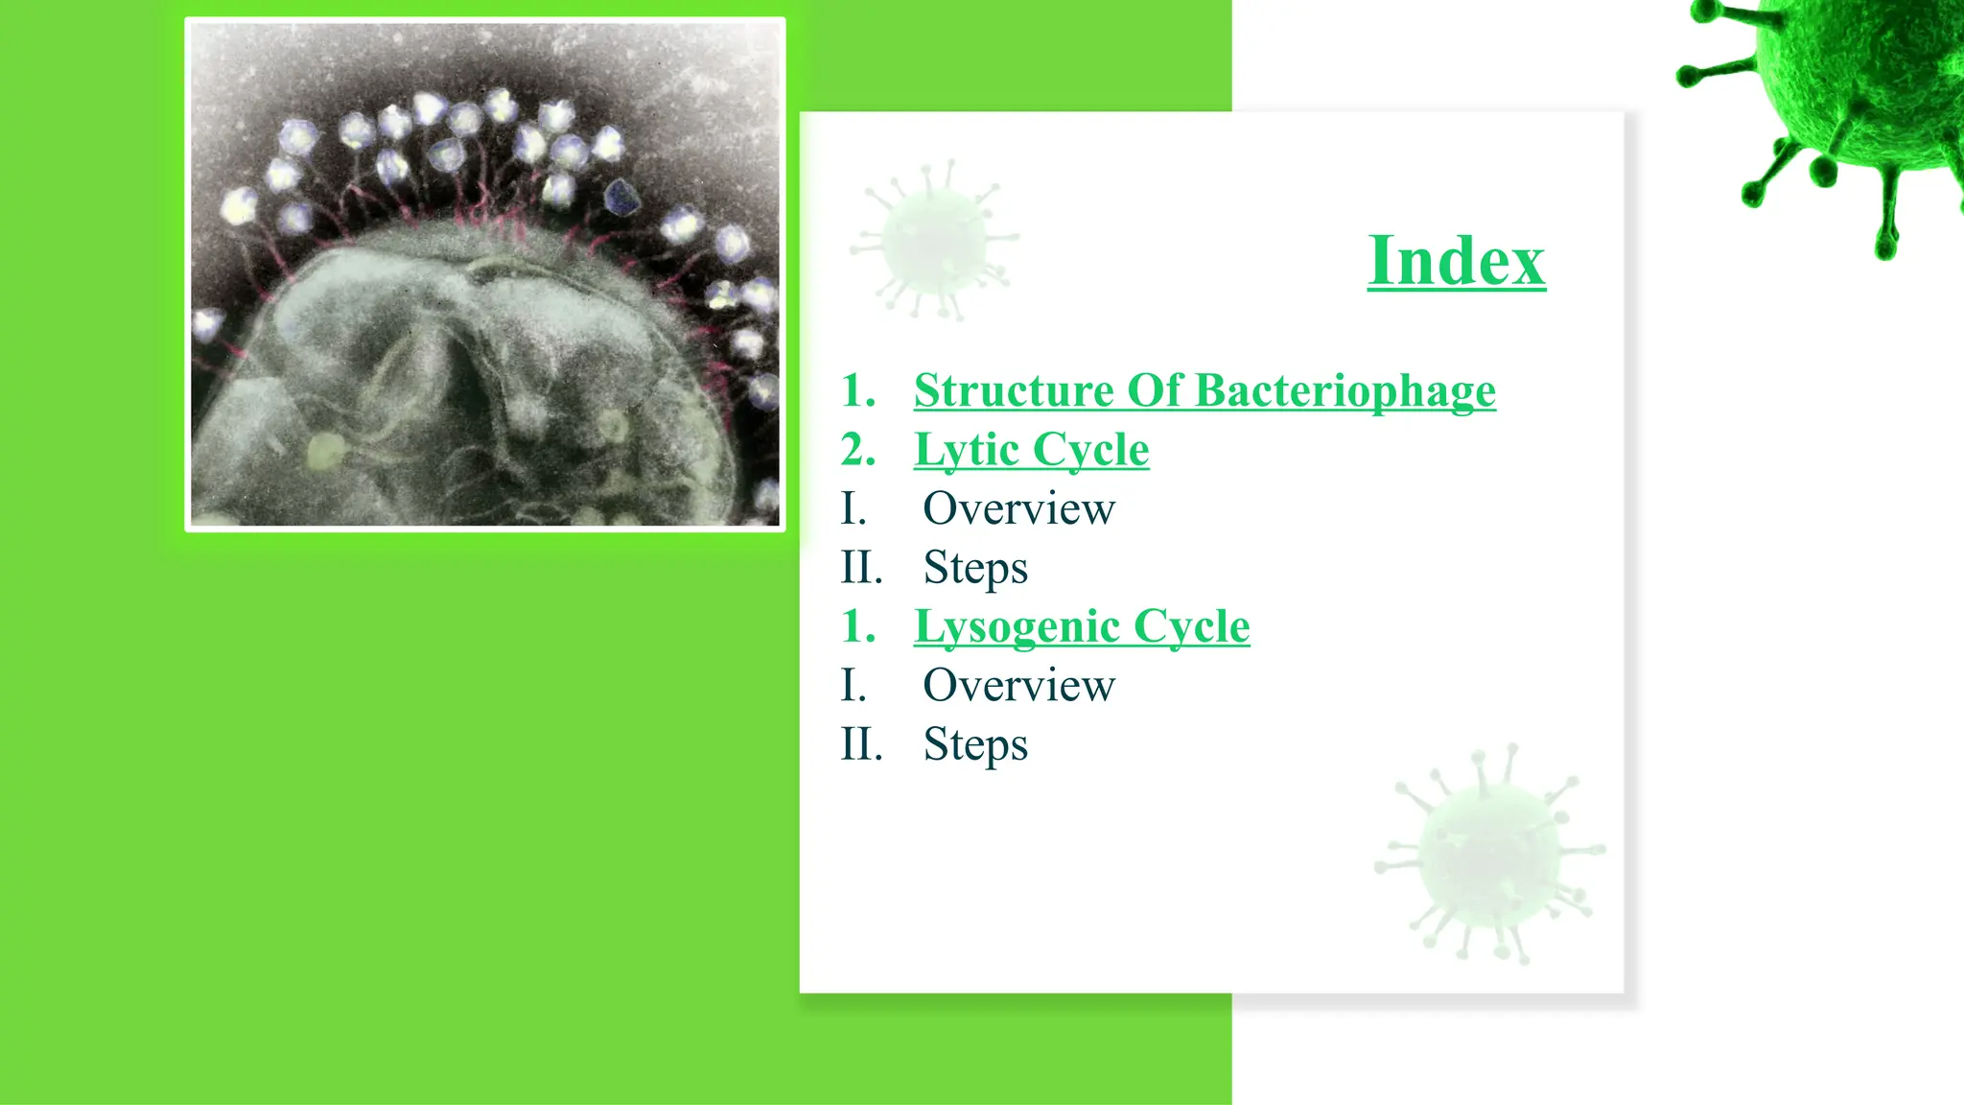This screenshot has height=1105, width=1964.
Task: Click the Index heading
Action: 1456,261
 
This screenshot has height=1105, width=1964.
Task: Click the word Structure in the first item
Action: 1014,390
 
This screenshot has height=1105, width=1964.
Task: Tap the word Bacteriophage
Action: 1345,390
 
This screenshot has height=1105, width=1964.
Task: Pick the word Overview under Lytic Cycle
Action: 1018,508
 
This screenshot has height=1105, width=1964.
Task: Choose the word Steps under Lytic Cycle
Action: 975,568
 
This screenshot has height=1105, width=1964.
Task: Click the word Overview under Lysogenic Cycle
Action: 1018,686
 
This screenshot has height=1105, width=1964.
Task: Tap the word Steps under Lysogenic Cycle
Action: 975,745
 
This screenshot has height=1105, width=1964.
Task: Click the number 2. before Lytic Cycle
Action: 858,450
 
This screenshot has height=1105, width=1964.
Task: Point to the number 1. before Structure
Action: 858,390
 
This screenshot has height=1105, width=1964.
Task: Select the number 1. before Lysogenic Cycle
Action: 858,627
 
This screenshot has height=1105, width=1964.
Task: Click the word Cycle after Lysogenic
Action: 1191,627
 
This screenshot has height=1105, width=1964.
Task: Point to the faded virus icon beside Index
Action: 935,240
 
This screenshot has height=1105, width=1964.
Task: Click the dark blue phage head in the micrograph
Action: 622,198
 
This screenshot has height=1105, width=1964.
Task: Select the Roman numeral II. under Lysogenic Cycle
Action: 861,745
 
